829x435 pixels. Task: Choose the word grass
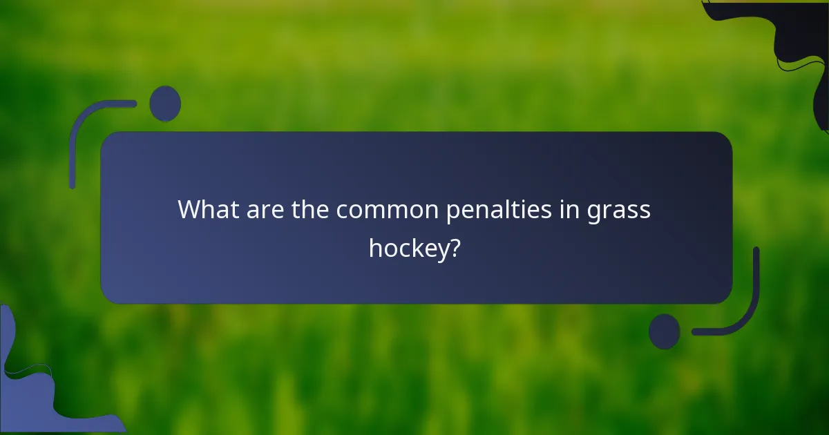(619, 210)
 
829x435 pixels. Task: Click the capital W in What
(189, 209)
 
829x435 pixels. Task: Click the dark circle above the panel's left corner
(165, 104)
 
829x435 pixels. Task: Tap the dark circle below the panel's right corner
(665, 331)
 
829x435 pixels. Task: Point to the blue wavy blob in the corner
(35, 394)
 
